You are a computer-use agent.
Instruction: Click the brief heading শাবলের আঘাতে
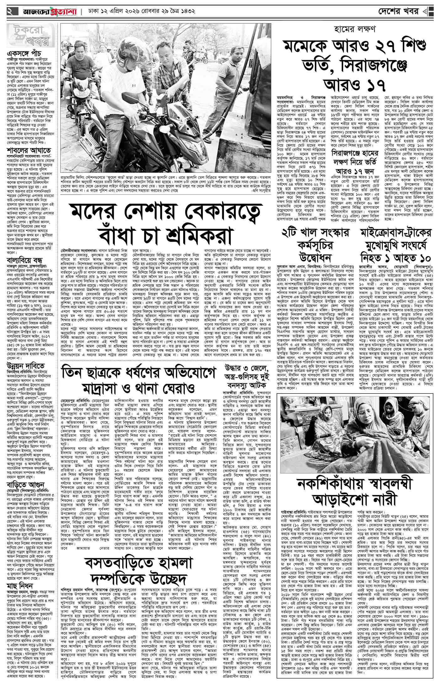pyautogui.click(x=26, y=150)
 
